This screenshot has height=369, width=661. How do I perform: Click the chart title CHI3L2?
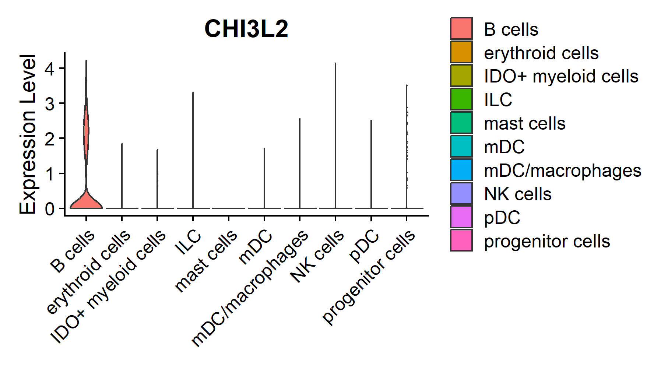tap(246, 29)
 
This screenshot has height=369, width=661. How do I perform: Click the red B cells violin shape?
tap(86, 201)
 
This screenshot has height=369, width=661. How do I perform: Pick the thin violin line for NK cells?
tap(335, 136)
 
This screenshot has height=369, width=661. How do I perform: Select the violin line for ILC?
tap(193, 151)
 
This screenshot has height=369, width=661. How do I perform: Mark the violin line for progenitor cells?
tap(407, 147)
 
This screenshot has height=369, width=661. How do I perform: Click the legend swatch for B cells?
tap(461, 28)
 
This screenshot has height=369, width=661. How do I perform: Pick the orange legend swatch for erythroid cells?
tap(461, 52)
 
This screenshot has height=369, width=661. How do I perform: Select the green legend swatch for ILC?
tap(461, 99)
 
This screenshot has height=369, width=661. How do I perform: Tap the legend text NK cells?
tap(518, 194)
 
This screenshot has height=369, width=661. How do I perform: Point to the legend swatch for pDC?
tap(461, 217)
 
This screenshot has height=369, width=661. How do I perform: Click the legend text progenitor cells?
tap(547, 241)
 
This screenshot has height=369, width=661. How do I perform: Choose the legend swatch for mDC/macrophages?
tap(461, 170)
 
